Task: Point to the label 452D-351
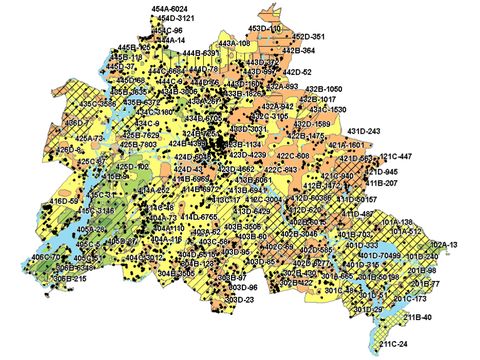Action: (x=289, y=37)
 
